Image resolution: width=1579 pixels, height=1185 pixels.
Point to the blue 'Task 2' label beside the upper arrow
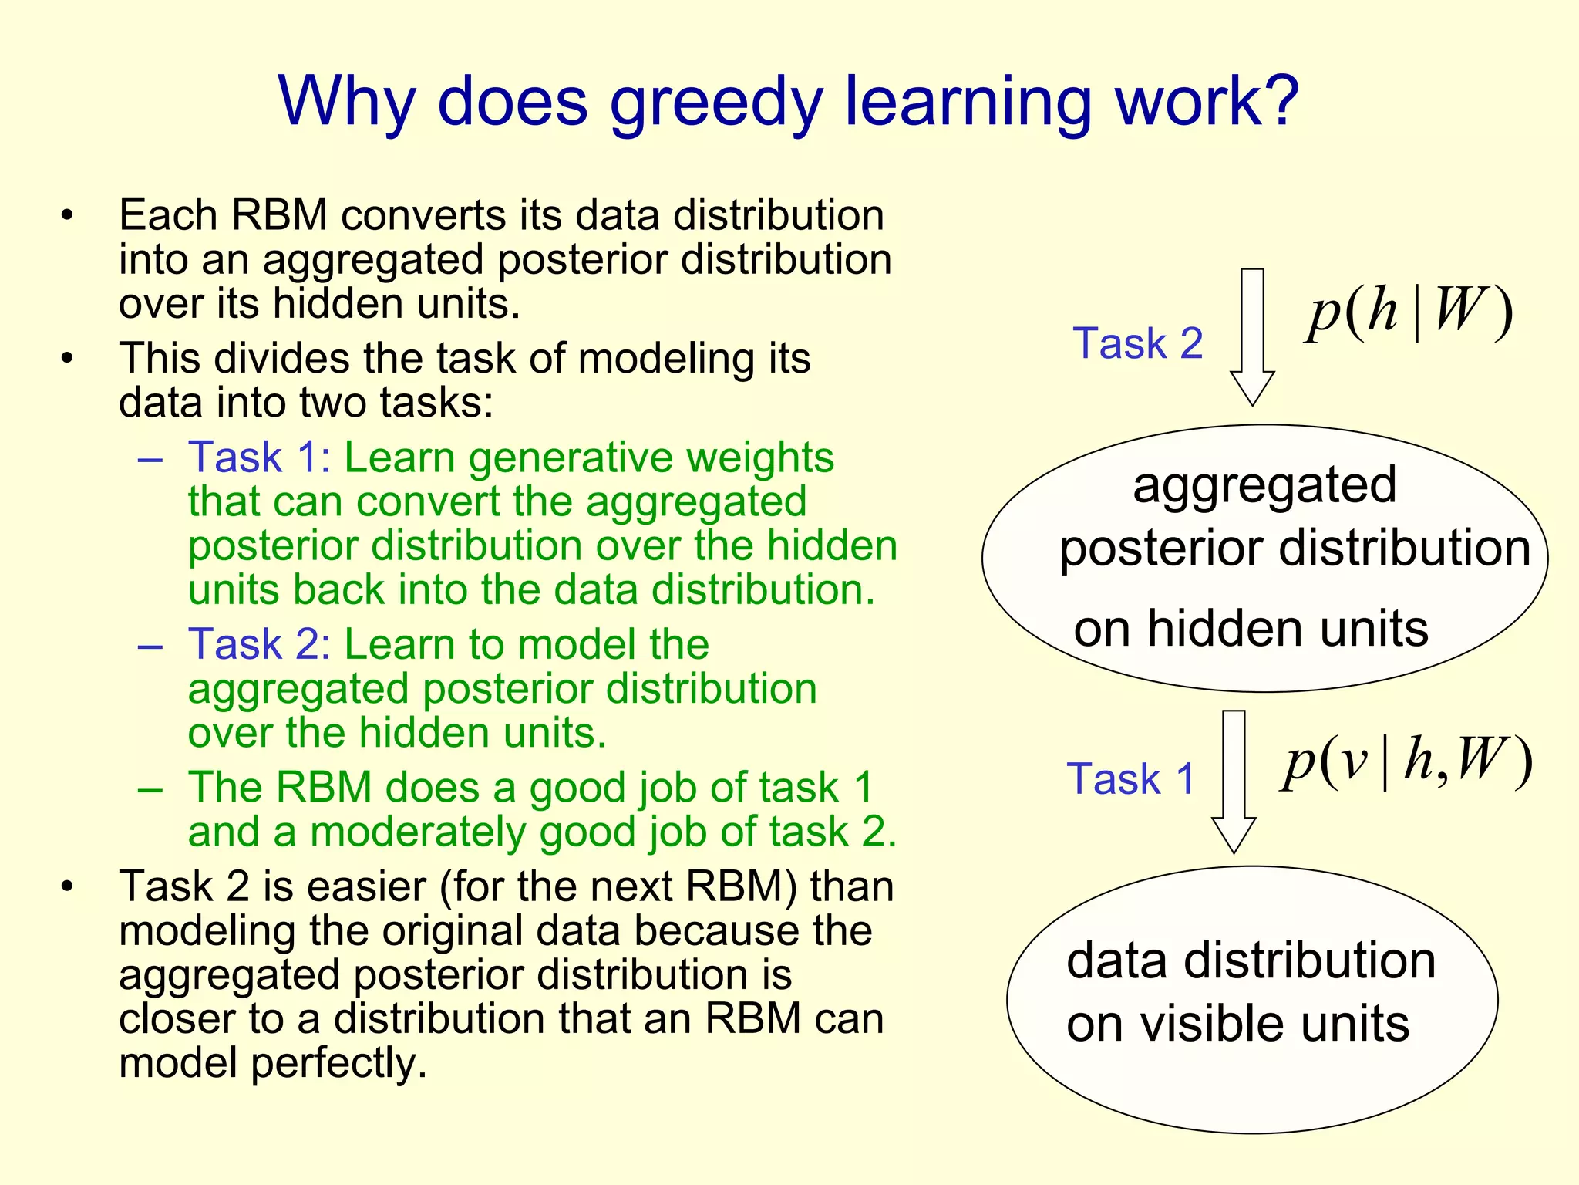tap(1137, 343)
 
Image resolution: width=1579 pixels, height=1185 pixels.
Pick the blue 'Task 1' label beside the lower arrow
tap(1130, 778)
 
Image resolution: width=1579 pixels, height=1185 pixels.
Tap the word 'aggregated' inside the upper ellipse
tap(1264, 485)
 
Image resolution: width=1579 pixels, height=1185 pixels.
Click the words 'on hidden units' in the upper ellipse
tap(1251, 628)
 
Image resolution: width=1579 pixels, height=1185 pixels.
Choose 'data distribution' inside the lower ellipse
tap(1251, 960)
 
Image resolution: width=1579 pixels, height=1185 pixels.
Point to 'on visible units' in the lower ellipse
tap(1237, 1024)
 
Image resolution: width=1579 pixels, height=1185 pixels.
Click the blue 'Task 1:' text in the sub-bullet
tap(260, 457)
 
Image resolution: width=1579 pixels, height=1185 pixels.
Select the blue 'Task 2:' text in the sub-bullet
tap(260, 644)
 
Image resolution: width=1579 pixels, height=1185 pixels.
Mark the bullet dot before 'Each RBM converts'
tap(68, 215)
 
